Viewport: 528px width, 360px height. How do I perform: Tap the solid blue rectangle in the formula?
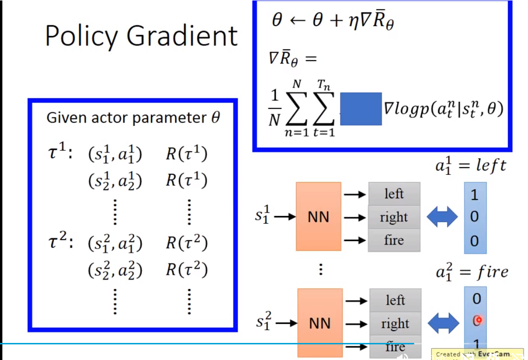click(361, 109)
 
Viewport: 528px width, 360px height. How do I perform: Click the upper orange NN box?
click(318, 216)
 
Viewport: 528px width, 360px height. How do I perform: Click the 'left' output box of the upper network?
click(394, 194)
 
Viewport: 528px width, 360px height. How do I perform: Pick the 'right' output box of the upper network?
click(394, 217)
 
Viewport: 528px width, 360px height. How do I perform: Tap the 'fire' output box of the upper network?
click(394, 240)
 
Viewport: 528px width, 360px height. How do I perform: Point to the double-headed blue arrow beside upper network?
click(442, 217)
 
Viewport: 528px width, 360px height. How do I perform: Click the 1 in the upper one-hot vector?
click(474, 195)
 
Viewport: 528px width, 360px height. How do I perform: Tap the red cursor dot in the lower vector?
click(478, 321)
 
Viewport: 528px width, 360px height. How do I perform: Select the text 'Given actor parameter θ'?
click(133, 118)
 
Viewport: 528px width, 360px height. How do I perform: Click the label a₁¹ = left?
click(471, 166)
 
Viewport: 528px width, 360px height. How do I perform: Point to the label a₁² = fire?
click(472, 272)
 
